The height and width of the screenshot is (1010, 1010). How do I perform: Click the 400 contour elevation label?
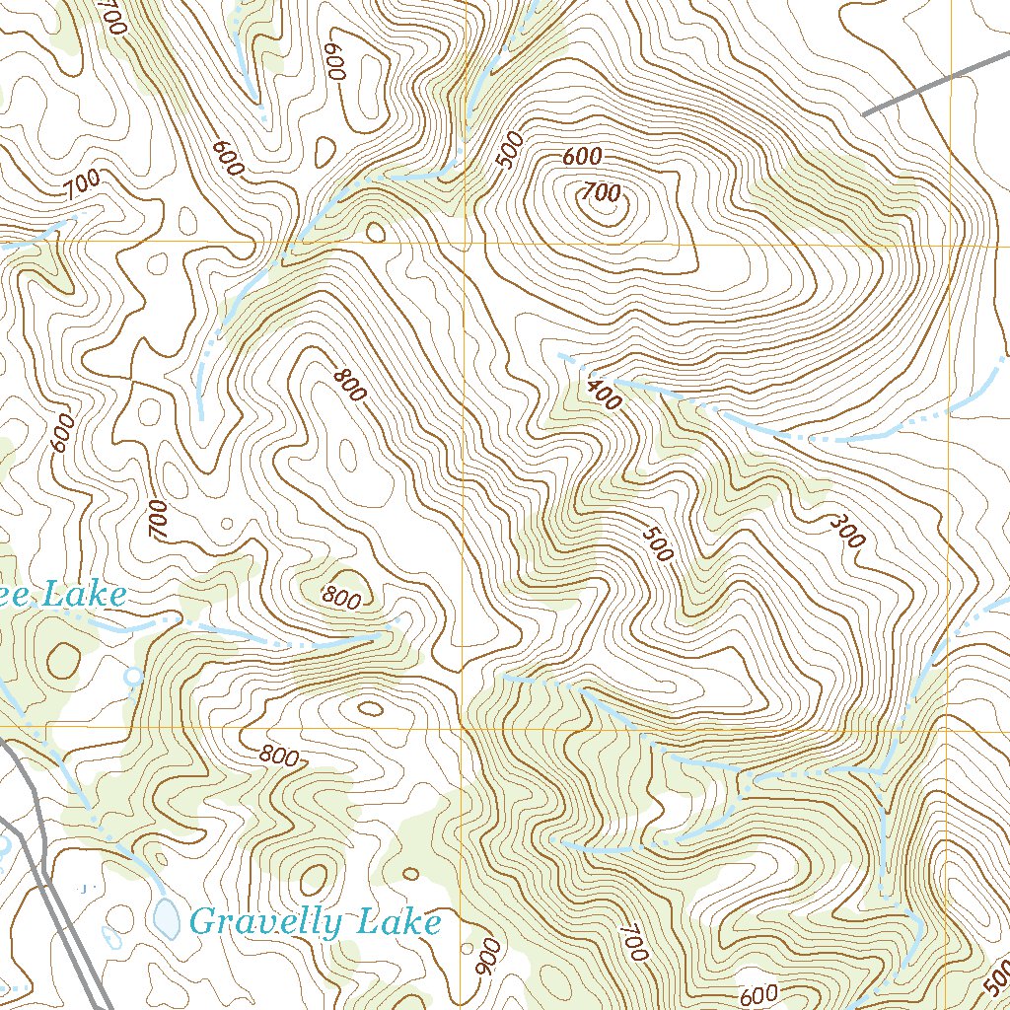coord(603,394)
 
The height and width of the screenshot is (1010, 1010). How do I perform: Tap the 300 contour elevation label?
coord(847,531)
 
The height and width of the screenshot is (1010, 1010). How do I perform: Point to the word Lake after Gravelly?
coord(398,922)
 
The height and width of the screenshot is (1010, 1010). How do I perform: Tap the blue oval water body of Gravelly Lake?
coord(167,917)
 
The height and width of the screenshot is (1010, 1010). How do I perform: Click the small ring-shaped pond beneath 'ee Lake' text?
coord(133,677)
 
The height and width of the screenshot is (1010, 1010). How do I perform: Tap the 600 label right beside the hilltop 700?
coord(582,157)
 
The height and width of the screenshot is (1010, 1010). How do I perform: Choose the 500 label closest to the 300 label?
coord(657,543)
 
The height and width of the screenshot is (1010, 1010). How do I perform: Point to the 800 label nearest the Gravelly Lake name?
coord(279,757)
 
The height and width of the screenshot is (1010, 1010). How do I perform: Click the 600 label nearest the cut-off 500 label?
coord(758,994)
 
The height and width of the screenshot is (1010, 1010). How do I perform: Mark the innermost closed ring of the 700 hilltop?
coord(602,197)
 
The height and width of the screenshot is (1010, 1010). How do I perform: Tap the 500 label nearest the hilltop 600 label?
coord(510,151)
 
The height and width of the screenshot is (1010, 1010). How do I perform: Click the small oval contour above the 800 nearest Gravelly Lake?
coord(370,708)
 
